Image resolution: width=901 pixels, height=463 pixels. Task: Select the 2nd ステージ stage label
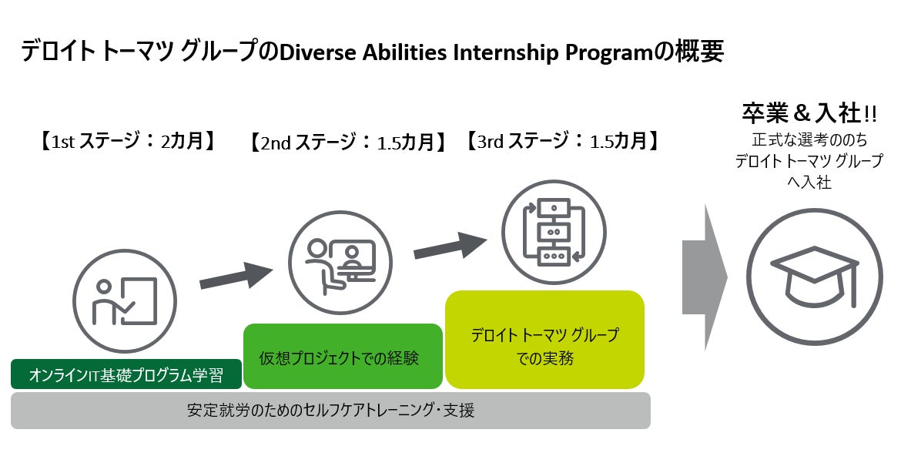[349, 143]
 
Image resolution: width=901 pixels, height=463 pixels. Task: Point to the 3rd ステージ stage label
[563, 141]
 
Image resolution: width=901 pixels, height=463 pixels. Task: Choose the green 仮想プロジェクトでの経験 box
[343, 357]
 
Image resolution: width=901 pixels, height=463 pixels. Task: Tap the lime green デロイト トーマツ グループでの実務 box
[544, 340]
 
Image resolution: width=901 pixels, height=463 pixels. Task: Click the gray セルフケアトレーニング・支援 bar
[330, 411]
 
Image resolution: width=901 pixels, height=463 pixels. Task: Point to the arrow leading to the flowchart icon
[450, 245]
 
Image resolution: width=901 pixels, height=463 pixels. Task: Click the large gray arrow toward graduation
[704, 278]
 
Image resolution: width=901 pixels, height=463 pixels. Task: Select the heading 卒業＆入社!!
[809, 113]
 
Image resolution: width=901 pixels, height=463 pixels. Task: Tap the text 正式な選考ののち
[809, 142]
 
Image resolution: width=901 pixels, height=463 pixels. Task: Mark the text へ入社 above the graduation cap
[809, 183]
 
